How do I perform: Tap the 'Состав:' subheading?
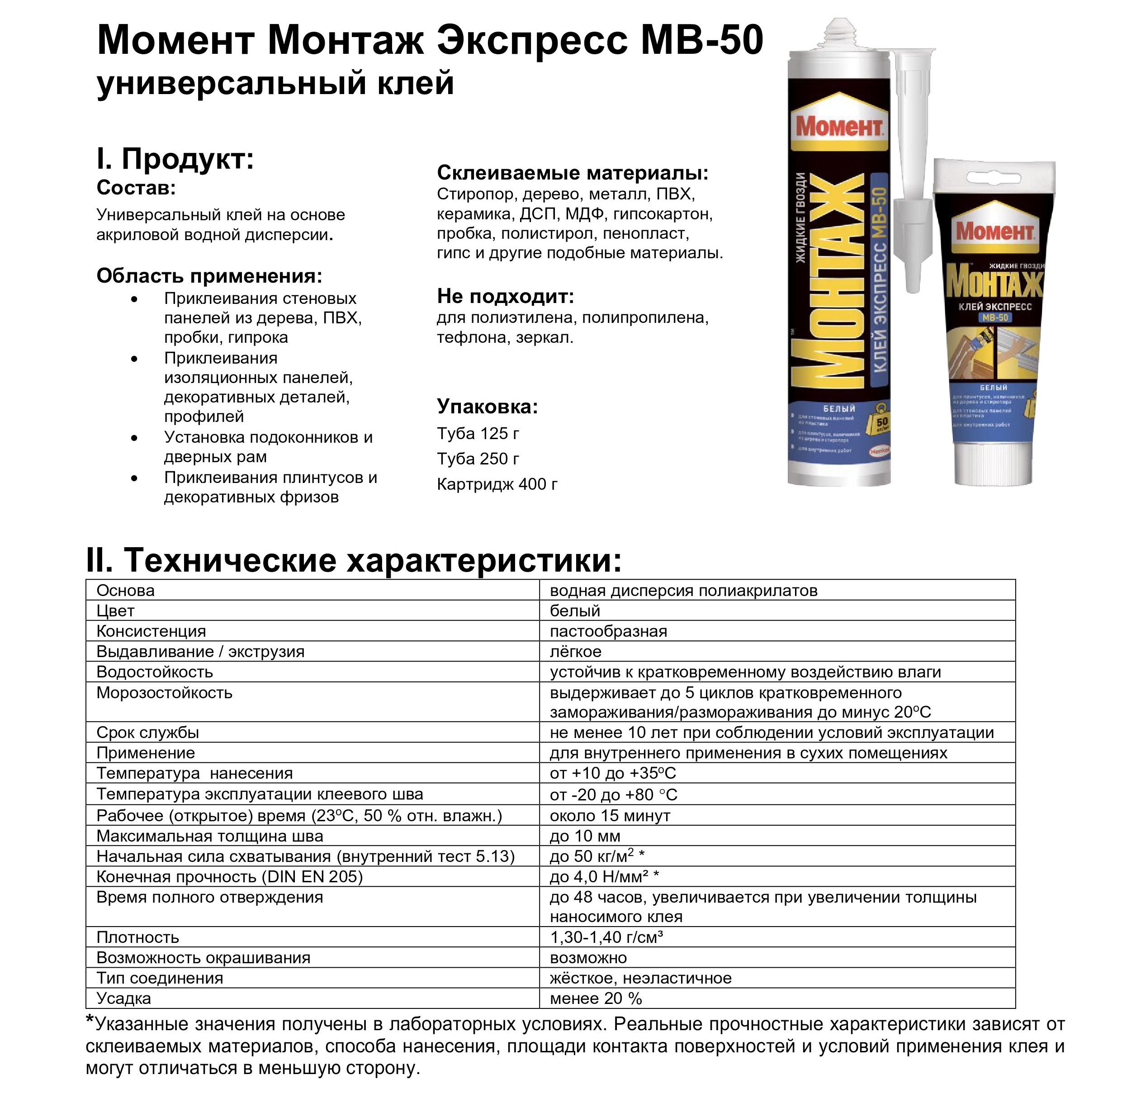coord(136,188)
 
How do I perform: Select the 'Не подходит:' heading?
coord(505,296)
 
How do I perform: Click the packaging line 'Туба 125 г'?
coord(478,433)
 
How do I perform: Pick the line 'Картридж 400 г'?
coord(497,484)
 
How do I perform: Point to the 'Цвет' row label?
coord(116,611)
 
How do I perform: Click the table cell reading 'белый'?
coord(575,611)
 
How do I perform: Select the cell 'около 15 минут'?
coord(610,816)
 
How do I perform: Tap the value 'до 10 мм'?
coord(585,837)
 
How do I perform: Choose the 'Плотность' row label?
coord(137,937)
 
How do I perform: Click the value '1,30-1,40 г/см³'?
coord(606,937)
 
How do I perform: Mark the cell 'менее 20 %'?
coord(596,999)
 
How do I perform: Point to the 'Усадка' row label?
coord(124,999)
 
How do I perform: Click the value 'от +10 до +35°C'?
coord(613,773)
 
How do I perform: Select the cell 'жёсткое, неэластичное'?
coord(640,978)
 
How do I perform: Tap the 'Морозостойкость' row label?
coord(164,693)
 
